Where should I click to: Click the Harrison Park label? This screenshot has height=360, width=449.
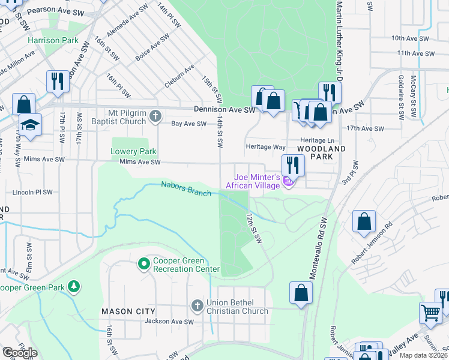coord(53,40)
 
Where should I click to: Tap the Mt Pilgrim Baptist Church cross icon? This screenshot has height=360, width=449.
coord(155,116)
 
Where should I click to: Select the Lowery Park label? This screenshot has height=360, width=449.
coord(133,152)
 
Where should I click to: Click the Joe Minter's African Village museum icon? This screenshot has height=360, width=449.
coord(289,181)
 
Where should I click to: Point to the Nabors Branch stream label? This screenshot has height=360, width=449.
coord(186,189)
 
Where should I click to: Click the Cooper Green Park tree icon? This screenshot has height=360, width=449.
coord(74,287)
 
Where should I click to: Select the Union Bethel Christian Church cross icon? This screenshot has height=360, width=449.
coord(196,306)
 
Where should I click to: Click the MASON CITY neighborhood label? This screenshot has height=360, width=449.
coord(128,311)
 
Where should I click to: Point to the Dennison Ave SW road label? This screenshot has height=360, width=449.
coord(224,110)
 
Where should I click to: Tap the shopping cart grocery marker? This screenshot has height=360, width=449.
coord(430,312)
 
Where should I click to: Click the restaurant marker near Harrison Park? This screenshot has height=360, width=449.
coord(58,80)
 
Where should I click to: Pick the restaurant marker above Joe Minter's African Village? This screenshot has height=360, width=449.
coord(293,164)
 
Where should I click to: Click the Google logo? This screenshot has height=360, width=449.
coord(19,353)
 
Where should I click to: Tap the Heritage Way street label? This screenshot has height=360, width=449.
coord(266,146)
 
